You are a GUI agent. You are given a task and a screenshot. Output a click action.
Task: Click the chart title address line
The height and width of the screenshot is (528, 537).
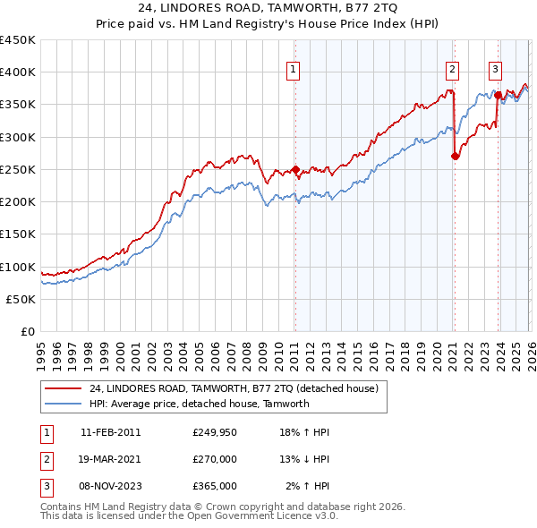pos(268,8)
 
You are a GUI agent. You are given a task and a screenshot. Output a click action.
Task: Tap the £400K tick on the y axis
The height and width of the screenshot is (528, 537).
pos(18,72)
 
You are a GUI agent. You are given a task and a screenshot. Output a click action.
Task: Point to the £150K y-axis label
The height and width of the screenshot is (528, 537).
pos(18,234)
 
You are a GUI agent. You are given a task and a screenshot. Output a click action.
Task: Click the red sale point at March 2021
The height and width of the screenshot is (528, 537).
pos(455,157)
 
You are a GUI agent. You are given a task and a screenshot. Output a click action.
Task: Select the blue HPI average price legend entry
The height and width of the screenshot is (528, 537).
pos(199,404)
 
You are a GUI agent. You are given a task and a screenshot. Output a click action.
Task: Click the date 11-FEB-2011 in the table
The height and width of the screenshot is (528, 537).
pos(111,432)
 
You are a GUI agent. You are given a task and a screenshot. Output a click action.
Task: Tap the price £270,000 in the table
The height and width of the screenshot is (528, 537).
pos(215,459)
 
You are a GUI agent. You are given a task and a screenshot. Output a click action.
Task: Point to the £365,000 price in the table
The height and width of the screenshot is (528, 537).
pos(215,486)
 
